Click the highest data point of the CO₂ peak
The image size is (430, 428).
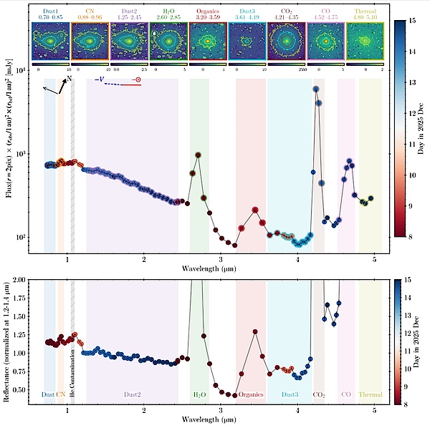pyautogui.click(x=316, y=89)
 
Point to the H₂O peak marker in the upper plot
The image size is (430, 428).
pyautogui.click(x=199, y=155)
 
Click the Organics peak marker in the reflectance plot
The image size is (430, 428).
pyautogui.click(x=255, y=331)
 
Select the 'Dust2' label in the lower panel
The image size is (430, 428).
pyautogui.click(x=131, y=394)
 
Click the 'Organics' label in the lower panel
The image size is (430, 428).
pyautogui.click(x=250, y=394)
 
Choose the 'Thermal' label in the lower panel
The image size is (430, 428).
pyautogui.click(x=370, y=394)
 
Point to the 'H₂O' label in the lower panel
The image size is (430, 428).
pyautogui.click(x=199, y=394)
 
